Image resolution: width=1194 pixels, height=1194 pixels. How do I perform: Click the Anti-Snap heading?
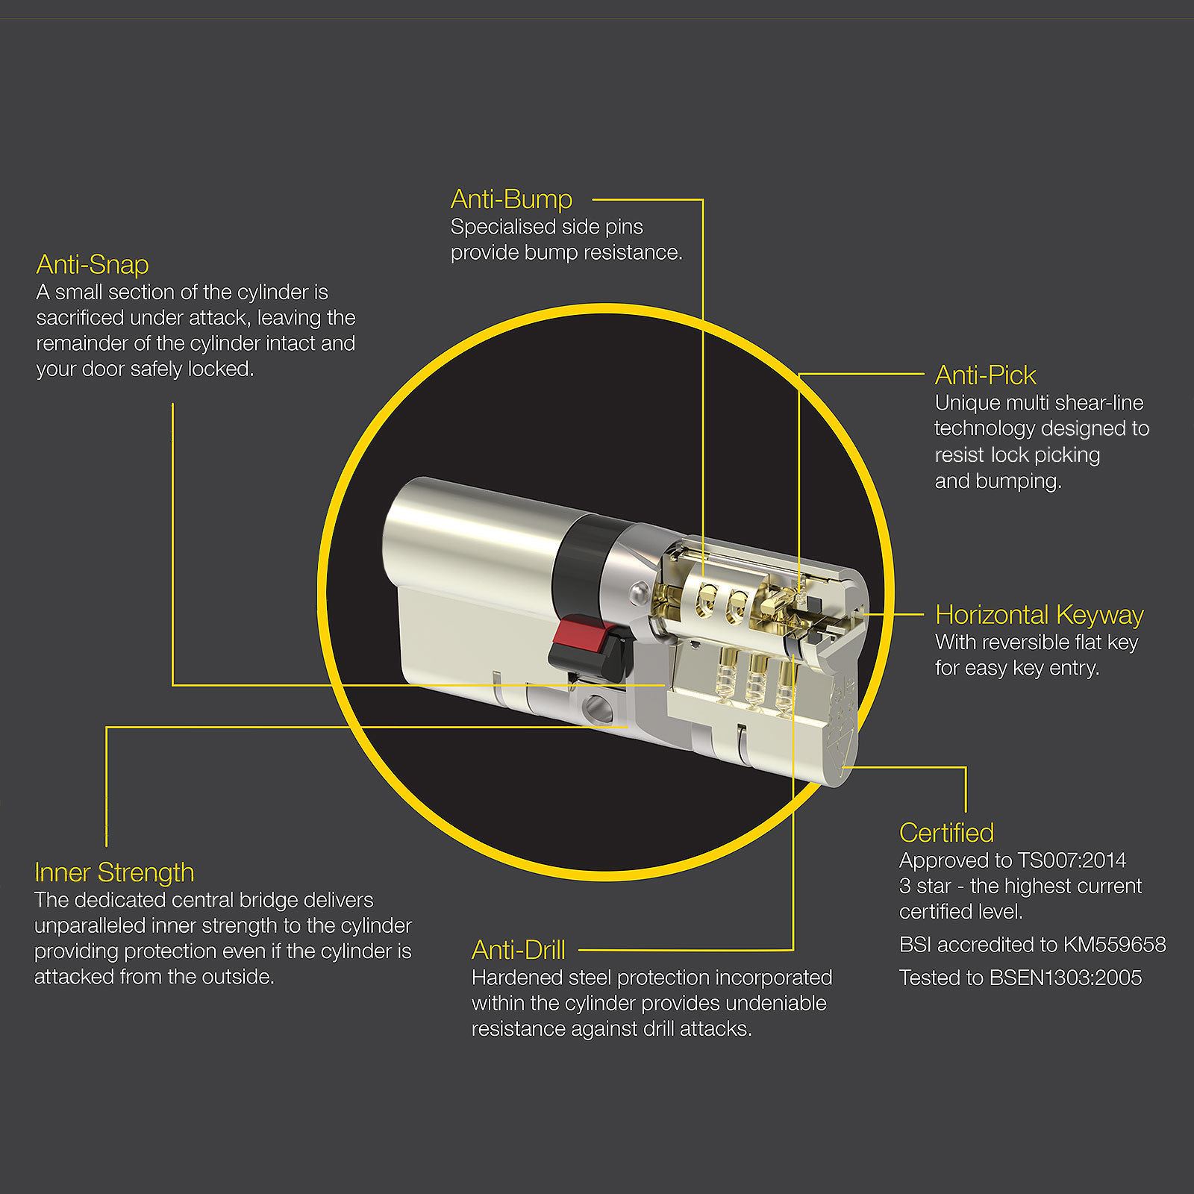point(93,265)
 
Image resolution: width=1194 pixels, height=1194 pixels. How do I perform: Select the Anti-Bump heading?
point(511,199)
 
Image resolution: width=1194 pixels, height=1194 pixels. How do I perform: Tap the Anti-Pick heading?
point(985,375)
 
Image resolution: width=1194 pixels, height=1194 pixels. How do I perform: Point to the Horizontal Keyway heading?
point(1039,615)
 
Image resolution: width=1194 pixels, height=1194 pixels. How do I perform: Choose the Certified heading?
point(946,833)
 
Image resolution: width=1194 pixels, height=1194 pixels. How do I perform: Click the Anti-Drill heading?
point(518,950)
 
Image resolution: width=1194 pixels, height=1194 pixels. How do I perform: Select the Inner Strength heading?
point(114,872)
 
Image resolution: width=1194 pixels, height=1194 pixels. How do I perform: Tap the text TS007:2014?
point(1072,860)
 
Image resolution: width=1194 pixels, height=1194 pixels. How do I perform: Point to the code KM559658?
point(1114,945)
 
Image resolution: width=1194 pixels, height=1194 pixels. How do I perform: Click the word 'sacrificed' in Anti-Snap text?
point(79,318)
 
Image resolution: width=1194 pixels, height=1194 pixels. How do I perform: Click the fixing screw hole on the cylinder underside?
point(595,704)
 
